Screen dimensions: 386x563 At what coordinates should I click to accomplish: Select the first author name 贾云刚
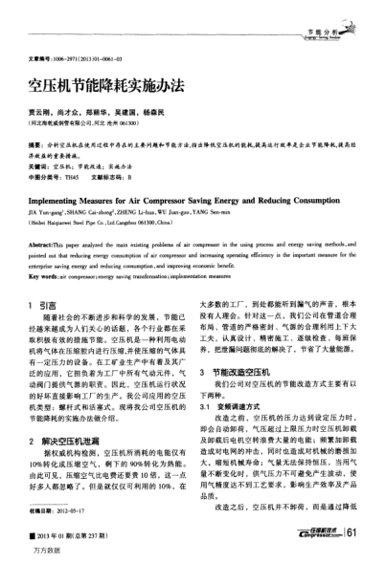(45, 110)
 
